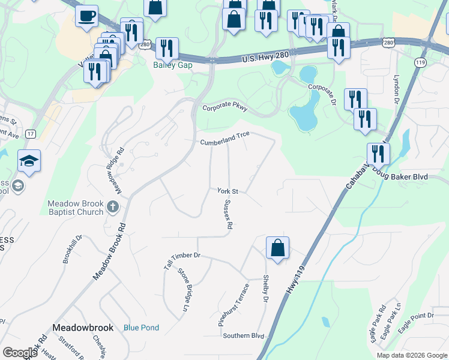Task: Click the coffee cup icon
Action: [x=87, y=15]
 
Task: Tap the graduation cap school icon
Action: [x=29, y=161]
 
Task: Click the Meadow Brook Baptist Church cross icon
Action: [x=112, y=207]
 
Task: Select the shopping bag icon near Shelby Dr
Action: [x=277, y=248]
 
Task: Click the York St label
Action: [x=228, y=191]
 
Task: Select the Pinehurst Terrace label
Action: [x=232, y=305]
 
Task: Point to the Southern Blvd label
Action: [x=243, y=335]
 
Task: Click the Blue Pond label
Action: [x=142, y=328]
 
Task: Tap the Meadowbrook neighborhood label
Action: [x=83, y=328]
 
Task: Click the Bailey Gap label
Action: [x=173, y=65]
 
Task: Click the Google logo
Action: [x=20, y=353]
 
